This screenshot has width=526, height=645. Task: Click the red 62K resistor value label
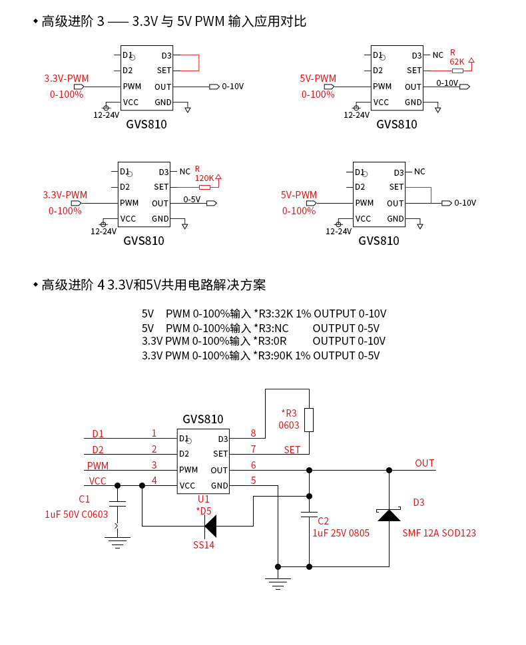[457, 61]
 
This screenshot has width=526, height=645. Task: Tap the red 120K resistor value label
[204, 178]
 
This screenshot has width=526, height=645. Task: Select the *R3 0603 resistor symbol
[309, 419]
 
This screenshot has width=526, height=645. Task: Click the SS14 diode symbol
[210, 526]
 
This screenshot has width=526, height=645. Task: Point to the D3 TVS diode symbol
[389, 515]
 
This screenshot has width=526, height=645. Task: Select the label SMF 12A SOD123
[439, 533]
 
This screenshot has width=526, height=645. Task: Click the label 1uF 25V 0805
[341, 533]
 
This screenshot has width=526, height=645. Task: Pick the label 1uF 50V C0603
[77, 514]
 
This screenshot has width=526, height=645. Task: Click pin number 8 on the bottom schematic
[253, 433]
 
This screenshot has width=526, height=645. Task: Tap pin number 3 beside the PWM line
[154, 465]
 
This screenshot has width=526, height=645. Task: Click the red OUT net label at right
[424, 463]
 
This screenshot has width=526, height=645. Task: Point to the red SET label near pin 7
[292, 450]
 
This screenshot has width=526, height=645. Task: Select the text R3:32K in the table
[274, 314]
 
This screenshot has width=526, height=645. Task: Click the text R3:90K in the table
[274, 355]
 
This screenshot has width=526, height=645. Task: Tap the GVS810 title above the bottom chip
[203, 419]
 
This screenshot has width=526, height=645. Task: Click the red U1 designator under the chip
[204, 499]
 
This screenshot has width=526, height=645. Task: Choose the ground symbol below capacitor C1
[117, 542]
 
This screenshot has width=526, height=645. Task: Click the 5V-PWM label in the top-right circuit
[318, 79]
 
